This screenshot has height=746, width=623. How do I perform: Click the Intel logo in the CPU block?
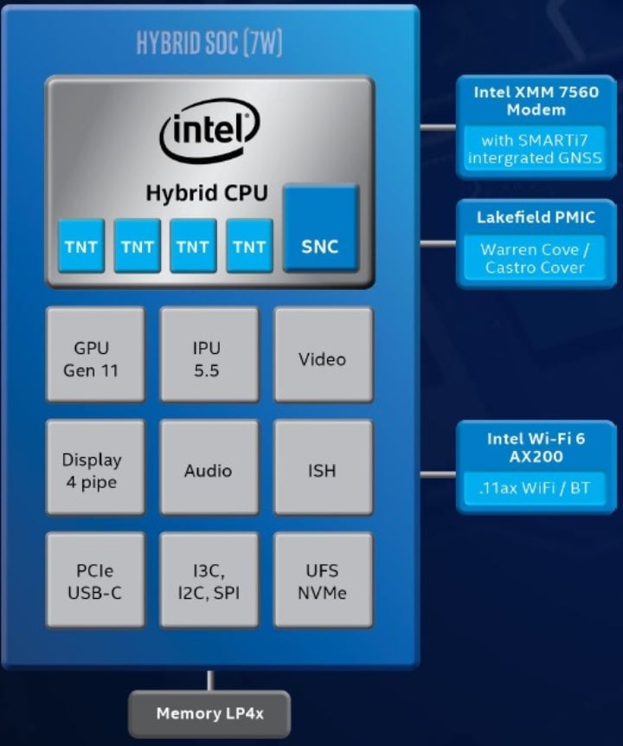209,131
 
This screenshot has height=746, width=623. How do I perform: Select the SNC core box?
320,228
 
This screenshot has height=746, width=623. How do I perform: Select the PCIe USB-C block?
95,580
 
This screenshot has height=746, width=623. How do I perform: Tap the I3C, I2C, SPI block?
209,580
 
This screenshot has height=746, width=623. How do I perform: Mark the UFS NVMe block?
323,580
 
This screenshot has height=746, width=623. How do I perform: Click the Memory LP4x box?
209,714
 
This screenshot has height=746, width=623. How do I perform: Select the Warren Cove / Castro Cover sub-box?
535,258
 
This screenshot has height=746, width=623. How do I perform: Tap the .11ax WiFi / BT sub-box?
535,488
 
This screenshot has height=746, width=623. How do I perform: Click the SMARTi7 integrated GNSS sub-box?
535,149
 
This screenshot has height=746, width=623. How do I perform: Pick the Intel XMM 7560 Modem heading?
536,100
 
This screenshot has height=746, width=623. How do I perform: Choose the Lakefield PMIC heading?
536,216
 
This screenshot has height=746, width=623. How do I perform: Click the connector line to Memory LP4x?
209,680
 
